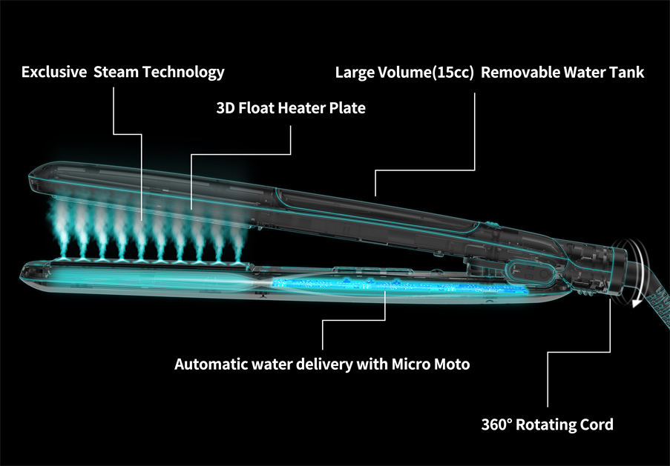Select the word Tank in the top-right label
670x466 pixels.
628,73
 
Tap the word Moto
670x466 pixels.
452,365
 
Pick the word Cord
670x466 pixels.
597,425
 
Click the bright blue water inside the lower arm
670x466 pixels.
334,285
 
